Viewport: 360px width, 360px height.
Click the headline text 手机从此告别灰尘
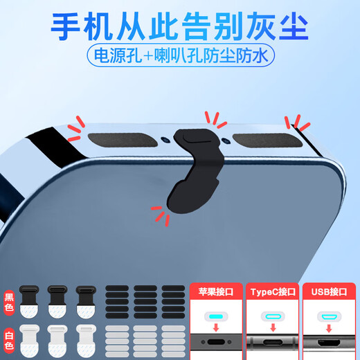(x=180, y=26)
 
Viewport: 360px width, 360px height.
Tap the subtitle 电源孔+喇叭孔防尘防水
(x=180, y=55)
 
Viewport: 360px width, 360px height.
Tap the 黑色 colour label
(x=9, y=299)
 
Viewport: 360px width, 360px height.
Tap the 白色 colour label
(x=9, y=338)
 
